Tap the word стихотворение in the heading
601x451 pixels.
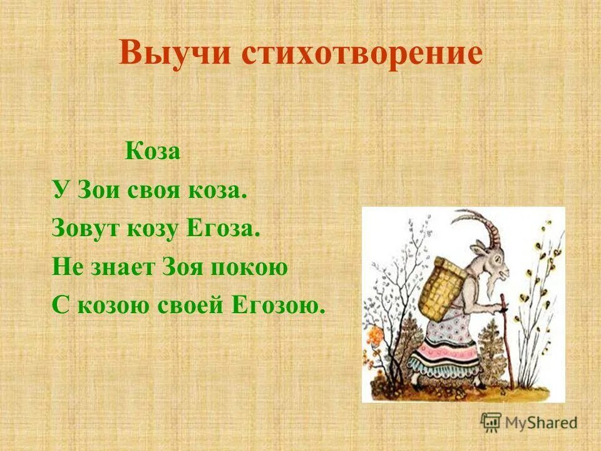[362, 53]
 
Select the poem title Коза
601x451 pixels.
[153, 152]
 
